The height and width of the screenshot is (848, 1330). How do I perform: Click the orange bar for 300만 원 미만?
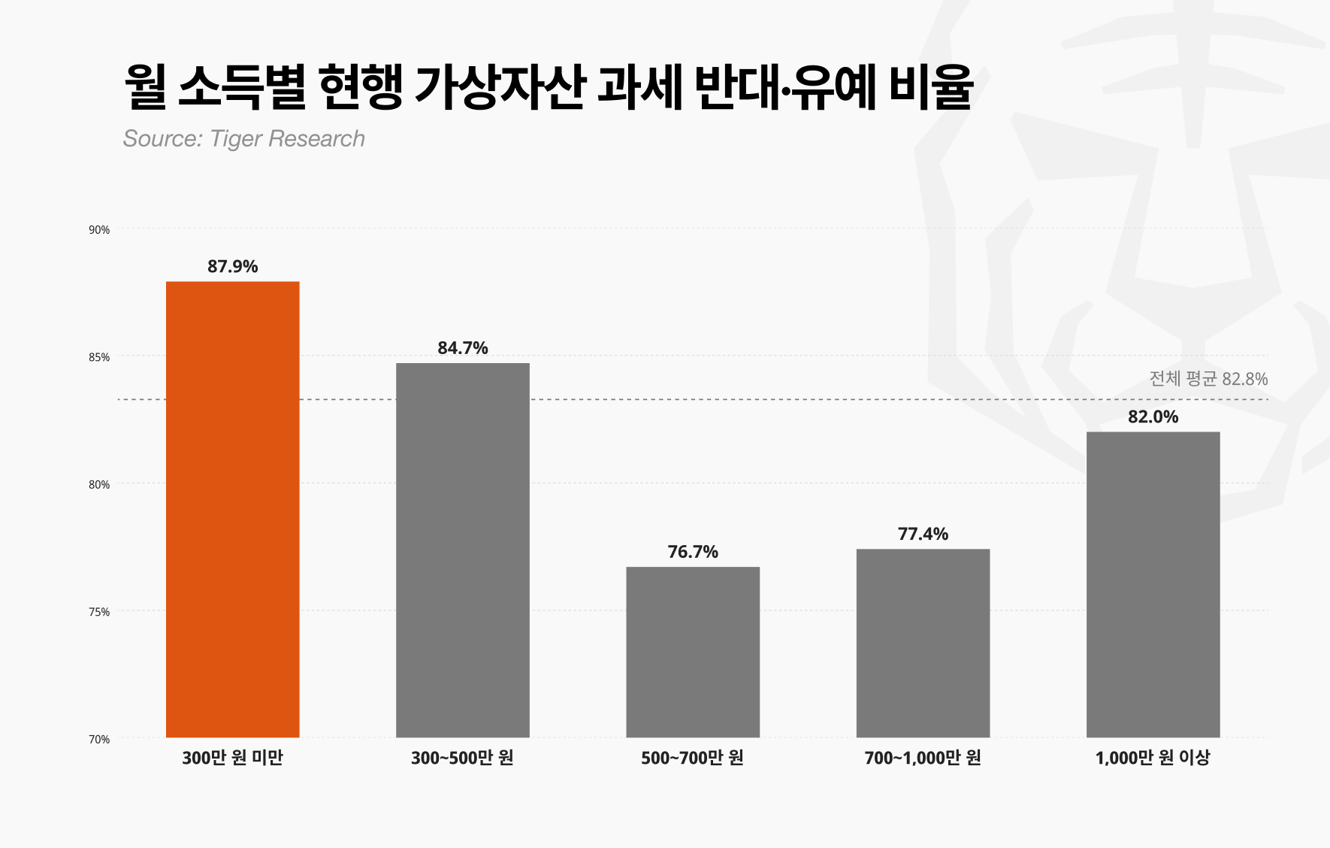233,509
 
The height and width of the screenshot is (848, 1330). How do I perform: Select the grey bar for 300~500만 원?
463,550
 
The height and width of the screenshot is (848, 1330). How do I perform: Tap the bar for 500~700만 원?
693,652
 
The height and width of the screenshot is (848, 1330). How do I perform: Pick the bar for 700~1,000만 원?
923,643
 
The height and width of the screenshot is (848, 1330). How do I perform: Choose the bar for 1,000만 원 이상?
1153,584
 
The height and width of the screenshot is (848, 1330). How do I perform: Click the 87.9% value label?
233,266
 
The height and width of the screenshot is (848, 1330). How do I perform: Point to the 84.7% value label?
463,348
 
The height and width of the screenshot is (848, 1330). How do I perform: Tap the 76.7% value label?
693,552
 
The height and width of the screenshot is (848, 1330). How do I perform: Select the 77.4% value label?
923,534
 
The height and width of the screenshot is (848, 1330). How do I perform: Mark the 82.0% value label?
1153,416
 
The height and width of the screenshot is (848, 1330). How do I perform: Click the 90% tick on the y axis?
99,229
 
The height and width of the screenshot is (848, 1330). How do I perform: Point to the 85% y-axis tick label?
99,357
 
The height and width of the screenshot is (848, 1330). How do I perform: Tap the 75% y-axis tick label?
99,612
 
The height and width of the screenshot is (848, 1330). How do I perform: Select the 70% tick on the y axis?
99,739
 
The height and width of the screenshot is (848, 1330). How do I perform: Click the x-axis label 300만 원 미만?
233,758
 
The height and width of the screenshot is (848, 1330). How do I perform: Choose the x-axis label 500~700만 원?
693,758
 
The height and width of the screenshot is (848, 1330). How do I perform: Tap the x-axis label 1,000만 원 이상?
1153,758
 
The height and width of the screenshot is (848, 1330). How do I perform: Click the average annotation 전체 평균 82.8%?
1209,378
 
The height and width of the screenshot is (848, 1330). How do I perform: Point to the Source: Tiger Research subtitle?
244,139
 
